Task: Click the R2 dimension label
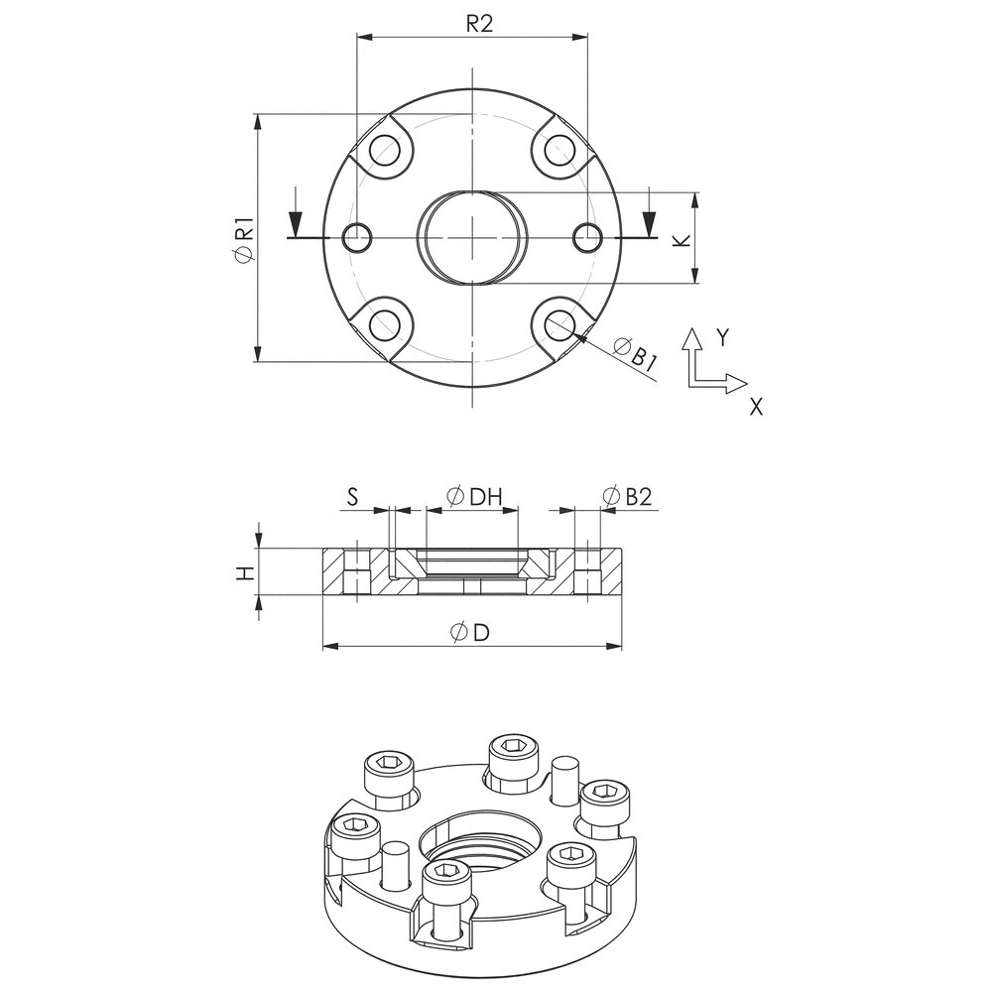pos(479,24)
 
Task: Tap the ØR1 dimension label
pos(245,238)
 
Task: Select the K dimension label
pos(681,240)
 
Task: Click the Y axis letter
pos(722,338)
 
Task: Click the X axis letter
pos(756,406)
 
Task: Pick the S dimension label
pos(352,497)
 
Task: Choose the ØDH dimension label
pos(474,497)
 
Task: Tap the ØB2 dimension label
pos(627,497)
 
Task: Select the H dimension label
pos(245,573)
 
